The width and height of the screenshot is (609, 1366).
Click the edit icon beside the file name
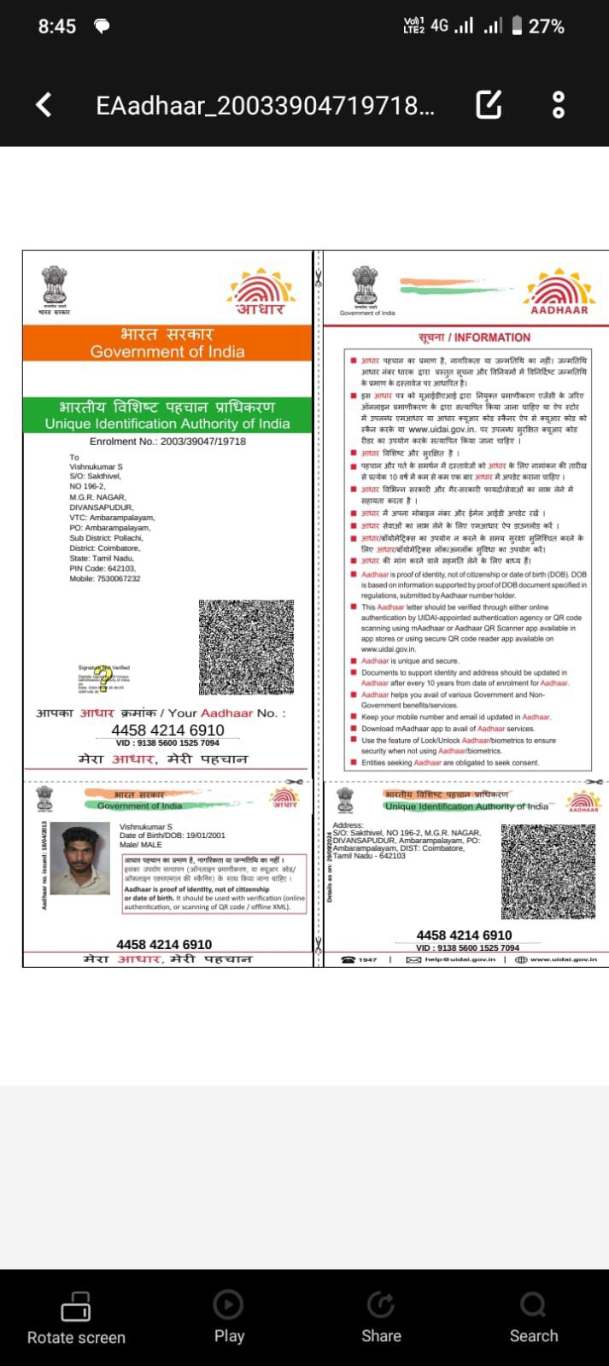tap(489, 104)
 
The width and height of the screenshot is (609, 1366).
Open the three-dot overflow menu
tap(559, 104)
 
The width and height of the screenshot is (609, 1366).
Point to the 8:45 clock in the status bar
tap(57, 26)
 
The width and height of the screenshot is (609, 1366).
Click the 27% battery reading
tap(546, 26)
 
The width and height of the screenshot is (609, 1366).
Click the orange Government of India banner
tap(167, 343)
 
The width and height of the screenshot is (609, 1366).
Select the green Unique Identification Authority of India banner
tap(167, 415)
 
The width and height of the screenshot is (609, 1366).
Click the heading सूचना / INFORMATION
tap(462, 337)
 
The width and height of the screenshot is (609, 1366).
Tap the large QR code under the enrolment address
tap(246, 647)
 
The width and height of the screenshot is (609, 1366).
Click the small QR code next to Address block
tap(548, 871)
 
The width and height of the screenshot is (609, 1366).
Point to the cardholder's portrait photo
tap(80, 858)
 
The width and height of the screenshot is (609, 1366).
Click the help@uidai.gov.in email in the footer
tap(453, 959)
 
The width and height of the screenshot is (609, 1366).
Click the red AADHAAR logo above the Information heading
tap(559, 292)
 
